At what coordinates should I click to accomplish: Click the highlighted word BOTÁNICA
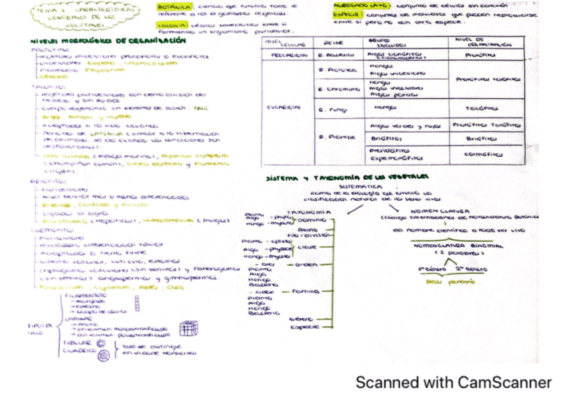[x=170, y=6]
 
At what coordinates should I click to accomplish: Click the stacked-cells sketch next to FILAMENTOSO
[x=137, y=304]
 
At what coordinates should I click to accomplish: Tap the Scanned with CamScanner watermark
[x=453, y=382]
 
